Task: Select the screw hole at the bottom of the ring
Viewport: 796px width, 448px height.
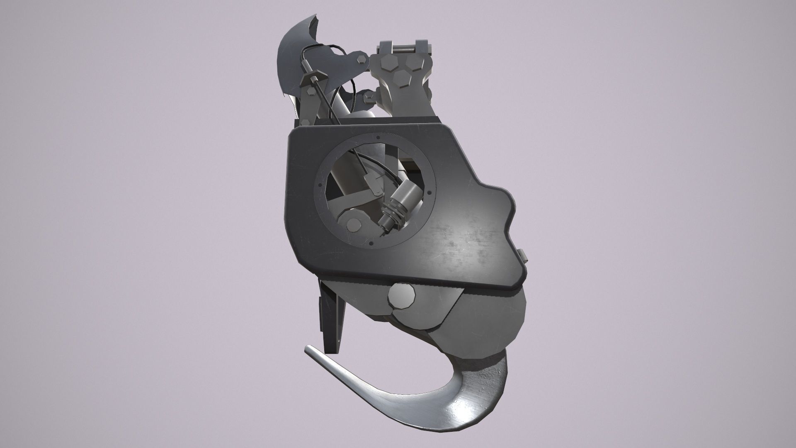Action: pos(371,243)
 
